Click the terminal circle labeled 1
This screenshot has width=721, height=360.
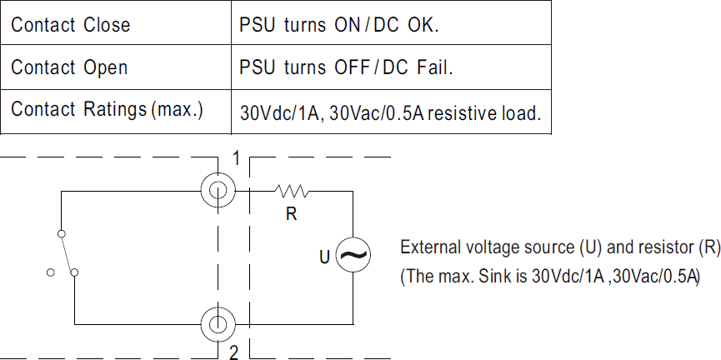tap(218, 191)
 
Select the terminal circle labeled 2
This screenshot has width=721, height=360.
tap(218, 322)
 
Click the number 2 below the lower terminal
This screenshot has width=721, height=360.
tap(234, 352)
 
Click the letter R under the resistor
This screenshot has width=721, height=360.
tap(291, 214)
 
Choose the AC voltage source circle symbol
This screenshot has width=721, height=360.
tap(353, 256)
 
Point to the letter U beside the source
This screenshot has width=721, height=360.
tap(325, 257)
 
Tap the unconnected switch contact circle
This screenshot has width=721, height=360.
tap(51, 272)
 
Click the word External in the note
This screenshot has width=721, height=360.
tap(429, 247)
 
